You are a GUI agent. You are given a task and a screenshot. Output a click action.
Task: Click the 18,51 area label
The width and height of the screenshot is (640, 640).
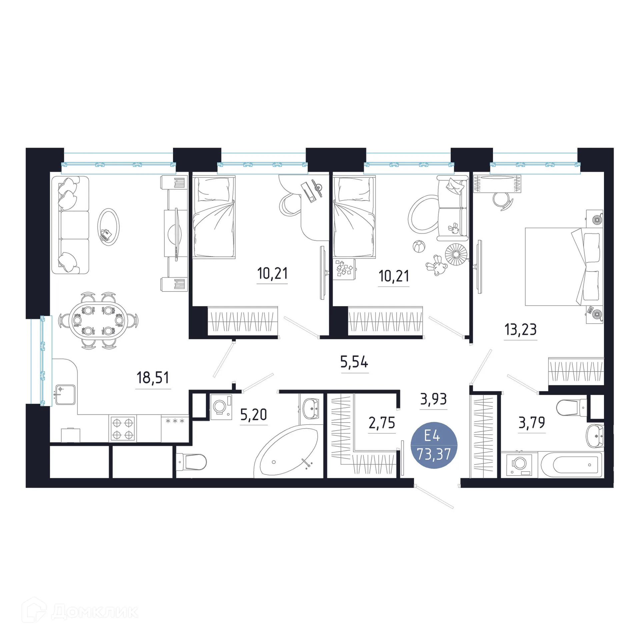[x=153, y=378]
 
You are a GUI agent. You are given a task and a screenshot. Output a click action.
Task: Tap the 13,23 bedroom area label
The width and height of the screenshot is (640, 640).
[x=520, y=330]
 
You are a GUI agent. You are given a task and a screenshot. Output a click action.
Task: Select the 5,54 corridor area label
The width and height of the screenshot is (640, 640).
[x=354, y=362]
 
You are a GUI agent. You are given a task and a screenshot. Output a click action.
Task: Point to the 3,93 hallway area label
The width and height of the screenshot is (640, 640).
[x=433, y=399]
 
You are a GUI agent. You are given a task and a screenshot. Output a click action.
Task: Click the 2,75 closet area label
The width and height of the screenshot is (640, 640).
[x=382, y=423]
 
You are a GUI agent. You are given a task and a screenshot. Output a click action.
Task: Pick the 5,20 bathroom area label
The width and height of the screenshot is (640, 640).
[x=254, y=415]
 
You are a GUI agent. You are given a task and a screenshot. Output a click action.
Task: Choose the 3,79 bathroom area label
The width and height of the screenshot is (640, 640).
[x=532, y=423]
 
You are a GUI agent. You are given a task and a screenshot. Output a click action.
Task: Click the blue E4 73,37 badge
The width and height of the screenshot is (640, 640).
[x=434, y=445]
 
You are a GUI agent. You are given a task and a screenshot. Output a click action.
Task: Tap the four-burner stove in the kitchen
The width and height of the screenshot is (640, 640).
[x=123, y=429]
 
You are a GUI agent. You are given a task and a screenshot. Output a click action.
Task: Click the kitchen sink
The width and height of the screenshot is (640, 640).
[x=65, y=395]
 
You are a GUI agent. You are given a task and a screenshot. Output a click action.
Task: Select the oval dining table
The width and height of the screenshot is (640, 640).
[x=98, y=321]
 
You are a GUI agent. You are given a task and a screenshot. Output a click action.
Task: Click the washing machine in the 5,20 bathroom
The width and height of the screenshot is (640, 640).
[x=221, y=407]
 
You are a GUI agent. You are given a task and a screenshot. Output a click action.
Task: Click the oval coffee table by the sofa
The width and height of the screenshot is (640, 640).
[x=108, y=227]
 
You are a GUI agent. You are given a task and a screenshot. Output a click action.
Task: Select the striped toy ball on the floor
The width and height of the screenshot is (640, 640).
[x=418, y=247]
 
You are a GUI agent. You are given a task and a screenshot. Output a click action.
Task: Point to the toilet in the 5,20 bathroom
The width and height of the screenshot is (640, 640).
[x=191, y=462]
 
